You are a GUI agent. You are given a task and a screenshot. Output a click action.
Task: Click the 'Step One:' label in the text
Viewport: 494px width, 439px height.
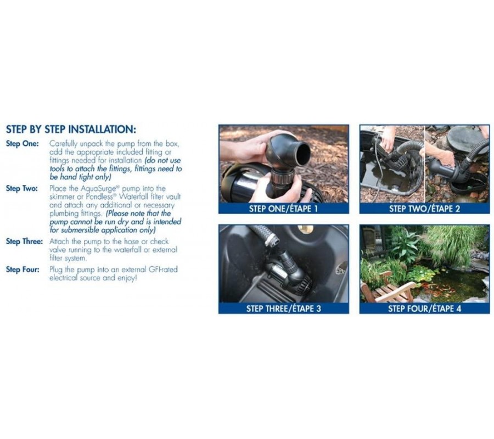point(23,144)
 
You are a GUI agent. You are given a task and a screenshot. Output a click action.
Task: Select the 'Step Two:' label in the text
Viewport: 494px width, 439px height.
point(22,188)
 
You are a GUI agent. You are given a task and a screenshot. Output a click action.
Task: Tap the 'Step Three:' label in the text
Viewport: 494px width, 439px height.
point(24,241)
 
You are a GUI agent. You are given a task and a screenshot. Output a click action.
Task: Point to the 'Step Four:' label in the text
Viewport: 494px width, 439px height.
point(23,269)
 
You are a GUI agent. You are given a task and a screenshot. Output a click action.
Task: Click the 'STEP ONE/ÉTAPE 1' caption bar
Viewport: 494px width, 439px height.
point(284,209)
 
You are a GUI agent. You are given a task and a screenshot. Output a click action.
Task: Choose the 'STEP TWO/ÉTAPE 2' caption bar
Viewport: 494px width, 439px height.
point(424,209)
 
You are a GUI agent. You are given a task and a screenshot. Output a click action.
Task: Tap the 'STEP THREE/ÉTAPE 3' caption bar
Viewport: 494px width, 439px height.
point(284,308)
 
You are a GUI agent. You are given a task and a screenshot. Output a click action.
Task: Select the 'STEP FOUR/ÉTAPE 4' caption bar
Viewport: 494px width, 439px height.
point(424,308)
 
